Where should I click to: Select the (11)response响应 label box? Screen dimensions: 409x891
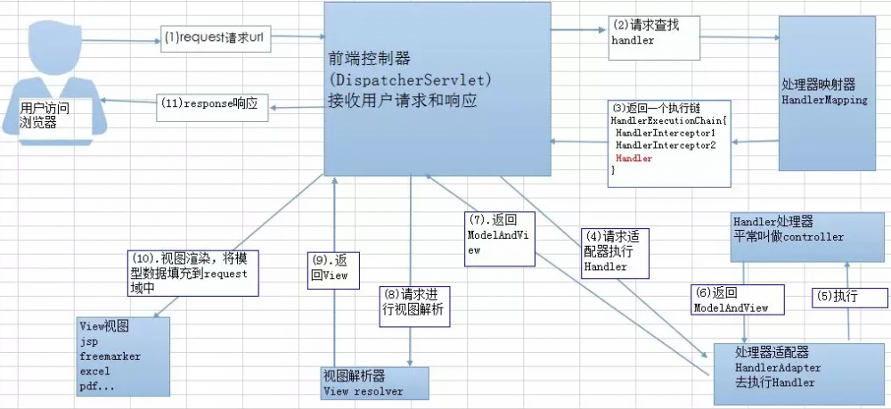point(210,102)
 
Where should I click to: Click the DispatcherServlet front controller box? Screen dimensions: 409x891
point(435,87)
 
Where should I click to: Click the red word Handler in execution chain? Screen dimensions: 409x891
point(634,158)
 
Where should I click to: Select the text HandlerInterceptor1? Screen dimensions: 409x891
point(666,133)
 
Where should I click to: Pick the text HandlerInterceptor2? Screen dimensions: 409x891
point(666,145)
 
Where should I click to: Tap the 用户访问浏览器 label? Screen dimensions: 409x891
point(44,115)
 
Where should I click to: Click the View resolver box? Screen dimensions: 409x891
point(374,383)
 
